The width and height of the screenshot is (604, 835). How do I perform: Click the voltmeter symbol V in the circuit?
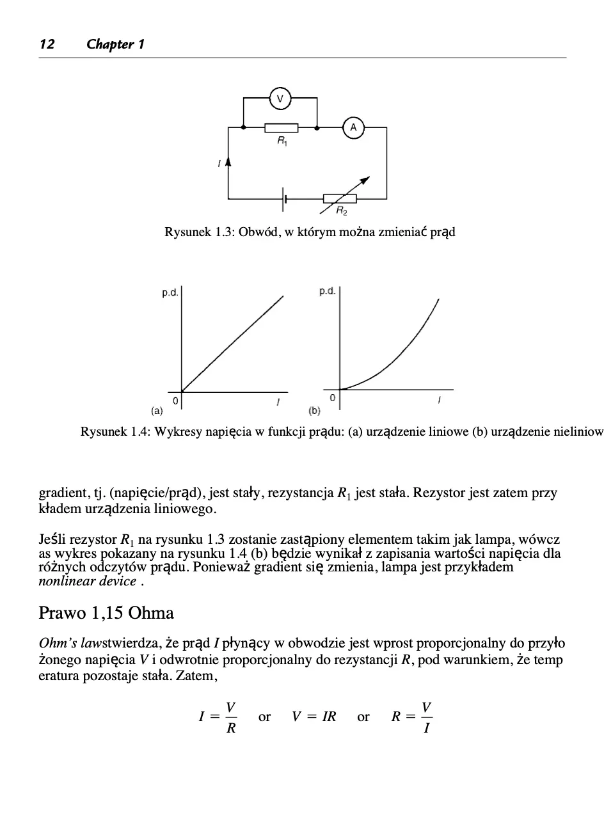tap(280, 99)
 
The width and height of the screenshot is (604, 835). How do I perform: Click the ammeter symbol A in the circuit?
tap(353, 128)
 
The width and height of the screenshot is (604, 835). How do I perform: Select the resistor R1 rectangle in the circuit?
tap(282, 128)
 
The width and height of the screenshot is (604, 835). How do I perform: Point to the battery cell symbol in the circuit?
tap(285, 199)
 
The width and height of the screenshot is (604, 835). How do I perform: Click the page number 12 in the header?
tap(47, 44)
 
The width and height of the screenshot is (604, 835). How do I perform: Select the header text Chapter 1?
tap(115, 44)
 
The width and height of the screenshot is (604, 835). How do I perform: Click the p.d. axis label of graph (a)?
tap(170, 293)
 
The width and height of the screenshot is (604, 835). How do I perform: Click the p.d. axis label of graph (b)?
tap(328, 292)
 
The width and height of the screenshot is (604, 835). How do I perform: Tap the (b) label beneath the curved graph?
tap(314, 409)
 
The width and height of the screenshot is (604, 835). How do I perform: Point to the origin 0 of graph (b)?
tap(332, 398)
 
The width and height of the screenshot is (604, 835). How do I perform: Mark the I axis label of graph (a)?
tap(278, 402)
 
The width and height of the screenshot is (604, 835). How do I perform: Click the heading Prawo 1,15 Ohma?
tap(106, 613)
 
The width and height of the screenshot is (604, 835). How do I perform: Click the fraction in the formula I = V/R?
tap(230, 717)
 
